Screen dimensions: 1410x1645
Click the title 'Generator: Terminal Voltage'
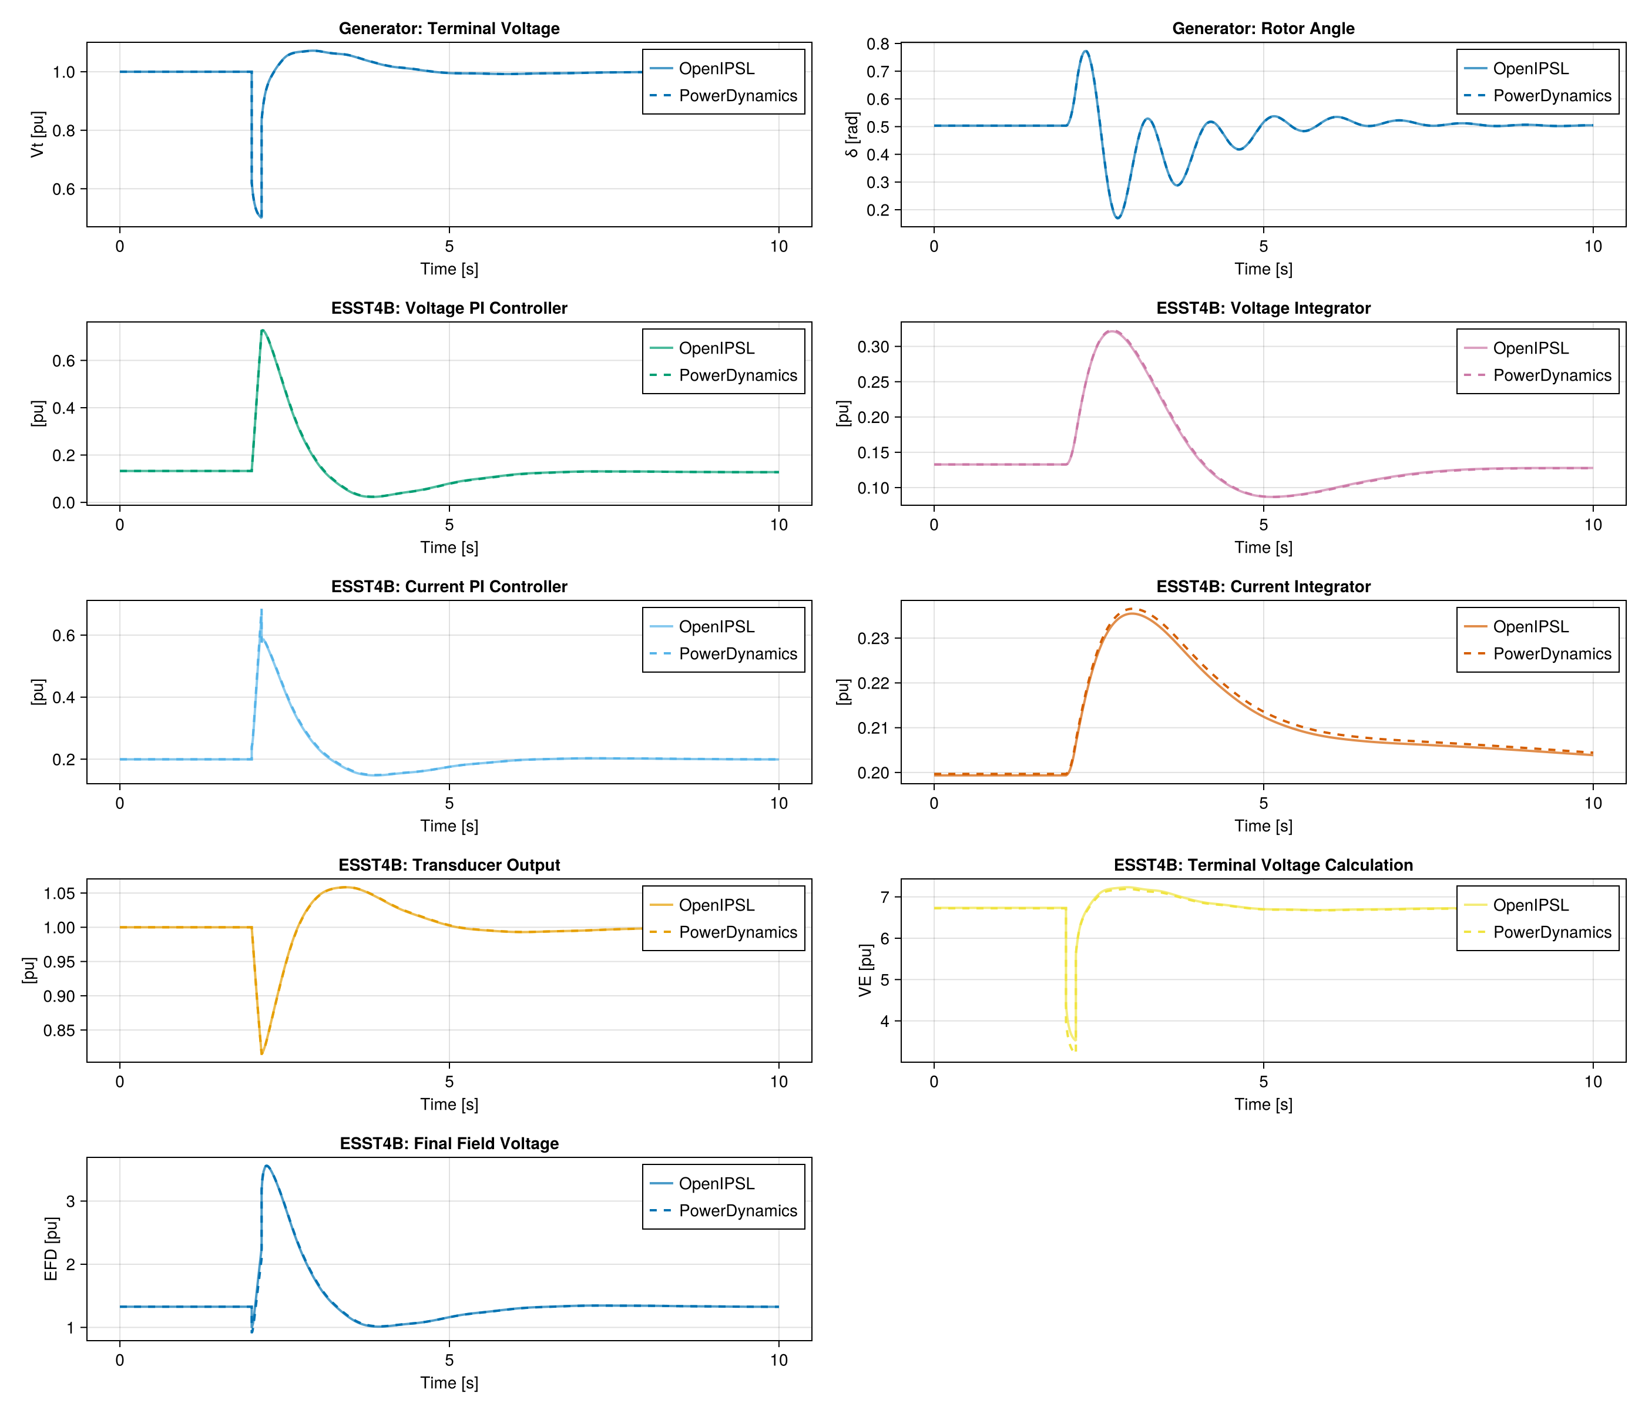[x=449, y=29]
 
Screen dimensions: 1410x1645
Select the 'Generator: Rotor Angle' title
[x=1263, y=29]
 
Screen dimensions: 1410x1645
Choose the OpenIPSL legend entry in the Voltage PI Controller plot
[x=716, y=348]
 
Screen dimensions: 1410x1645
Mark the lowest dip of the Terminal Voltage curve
[x=260, y=217]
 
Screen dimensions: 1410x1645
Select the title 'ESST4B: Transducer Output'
[x=449, y=865]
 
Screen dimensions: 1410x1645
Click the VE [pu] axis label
[x=865, y=970]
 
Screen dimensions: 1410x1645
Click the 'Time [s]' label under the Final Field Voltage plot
[x=449, y=1383]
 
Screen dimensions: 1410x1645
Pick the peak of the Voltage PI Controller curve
[x=263, y=330]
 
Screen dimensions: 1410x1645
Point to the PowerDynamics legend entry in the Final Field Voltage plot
[x=737, y=1211]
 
